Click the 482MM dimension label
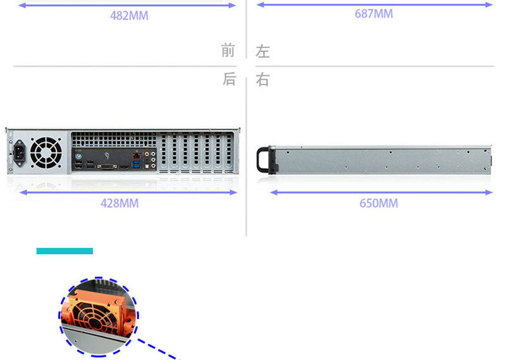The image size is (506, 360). click(x=129, y=15)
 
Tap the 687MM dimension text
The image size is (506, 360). click(x=374, y=14)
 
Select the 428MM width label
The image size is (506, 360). click(x=120, y=203)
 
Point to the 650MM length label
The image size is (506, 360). click(x=379, y=203)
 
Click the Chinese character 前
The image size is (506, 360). click(x=228, y=51)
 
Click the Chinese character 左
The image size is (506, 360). click(x=262, y=51)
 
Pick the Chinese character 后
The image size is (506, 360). click(x=228, y=80)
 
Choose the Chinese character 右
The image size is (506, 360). click(x=262, y=80)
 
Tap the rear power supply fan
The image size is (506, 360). click(x=46, y=153)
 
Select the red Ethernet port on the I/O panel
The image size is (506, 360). click(x=136, y=156)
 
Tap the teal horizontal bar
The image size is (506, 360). click(x=65, y=251)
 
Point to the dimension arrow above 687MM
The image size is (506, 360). click(x=374, y=5)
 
